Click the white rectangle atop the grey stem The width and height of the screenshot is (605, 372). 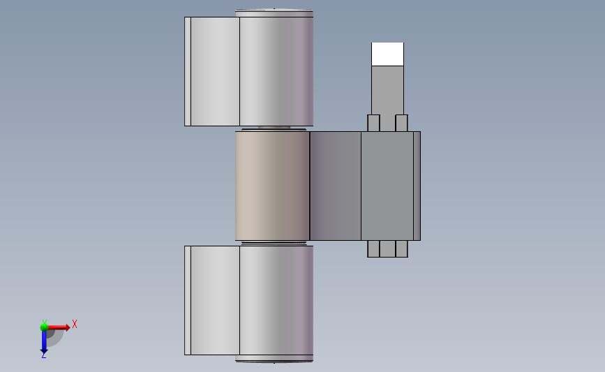(x=387, y=54)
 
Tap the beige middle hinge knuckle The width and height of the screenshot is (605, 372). (x=272, y=186)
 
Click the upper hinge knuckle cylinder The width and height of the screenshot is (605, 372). (x=276, y=71)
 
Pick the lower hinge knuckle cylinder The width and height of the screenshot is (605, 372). (x=276, y=300)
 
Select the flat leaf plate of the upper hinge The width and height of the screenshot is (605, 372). (x=212, y=71)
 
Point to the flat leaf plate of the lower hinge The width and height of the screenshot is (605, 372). (x=212, y=300)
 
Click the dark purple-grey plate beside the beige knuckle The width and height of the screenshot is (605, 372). (x=335, y=186)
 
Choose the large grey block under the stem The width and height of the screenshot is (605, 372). (x=387, y=186)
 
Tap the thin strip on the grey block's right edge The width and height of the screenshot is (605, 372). (x=417, y=186)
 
